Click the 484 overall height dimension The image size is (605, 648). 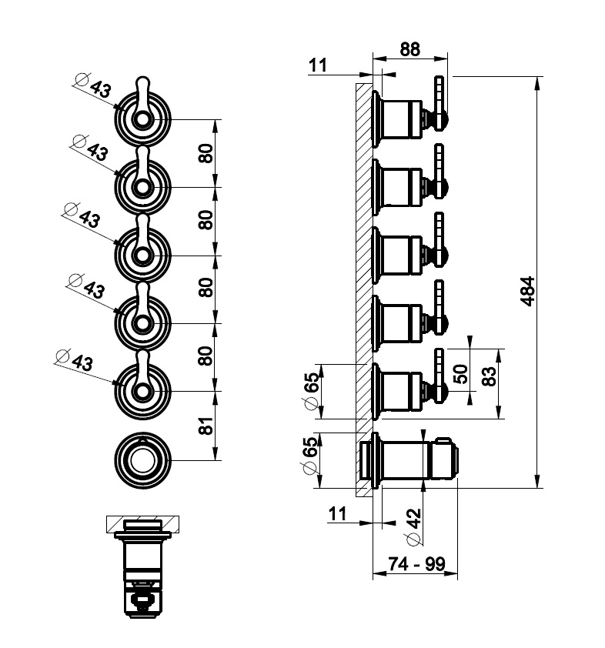pyautogui.click(x=527, y=292)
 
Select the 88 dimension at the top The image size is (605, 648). pyautogui.click(x=409, y=48)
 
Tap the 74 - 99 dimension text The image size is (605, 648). pyautogui.click(x=416, y=564)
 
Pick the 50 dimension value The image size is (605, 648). pyautogui.click(x=460, y=374)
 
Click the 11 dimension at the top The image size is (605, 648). pyautogui.click(x=319, y=66)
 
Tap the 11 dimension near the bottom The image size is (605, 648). pyautogui.click(x=336, y=513)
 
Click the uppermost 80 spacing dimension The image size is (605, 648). pyautogui.click(x=206, y=154)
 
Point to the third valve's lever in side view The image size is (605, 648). pyautogui.click(x=440, y=235)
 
